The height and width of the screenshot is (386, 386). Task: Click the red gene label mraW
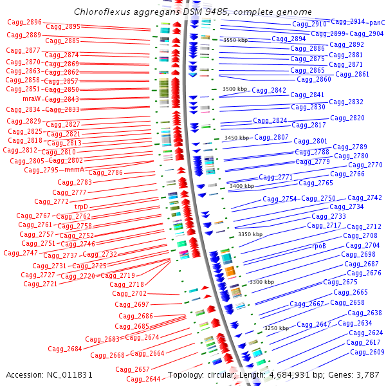coord(32,99)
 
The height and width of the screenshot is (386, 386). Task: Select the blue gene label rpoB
coord(319,246)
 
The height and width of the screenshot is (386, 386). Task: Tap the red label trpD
coord(81,207)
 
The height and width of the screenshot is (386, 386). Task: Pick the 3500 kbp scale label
coord(234,89)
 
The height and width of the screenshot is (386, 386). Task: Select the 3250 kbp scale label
coord(277,328)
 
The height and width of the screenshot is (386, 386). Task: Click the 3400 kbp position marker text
coord(241,186)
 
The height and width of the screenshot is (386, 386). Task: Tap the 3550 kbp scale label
coord(234,40)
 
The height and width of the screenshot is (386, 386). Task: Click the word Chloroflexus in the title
coord(102,12)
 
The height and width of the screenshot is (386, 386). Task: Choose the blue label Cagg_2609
coord(367,352)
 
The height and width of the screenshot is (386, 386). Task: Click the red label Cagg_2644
coord(143,380)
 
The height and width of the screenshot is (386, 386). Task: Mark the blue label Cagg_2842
coord(269,91)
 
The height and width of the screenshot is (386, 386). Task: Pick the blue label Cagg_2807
coord(271,137)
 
